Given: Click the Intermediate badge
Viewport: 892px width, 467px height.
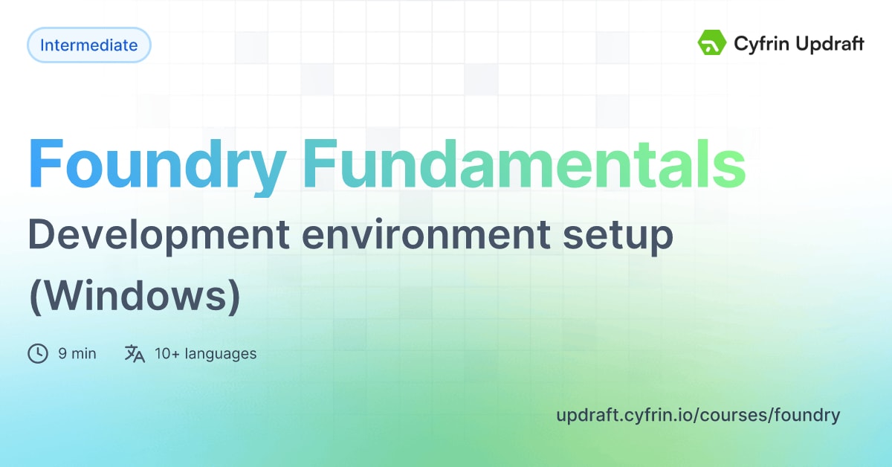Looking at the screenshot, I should point(88,45).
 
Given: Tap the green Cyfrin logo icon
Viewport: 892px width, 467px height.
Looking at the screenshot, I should point(711,43).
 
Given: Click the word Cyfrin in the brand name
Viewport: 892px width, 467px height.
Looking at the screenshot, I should point(758,44).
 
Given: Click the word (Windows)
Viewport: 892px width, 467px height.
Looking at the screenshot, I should point(135,295).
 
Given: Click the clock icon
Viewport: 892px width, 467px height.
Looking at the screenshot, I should point(37,353).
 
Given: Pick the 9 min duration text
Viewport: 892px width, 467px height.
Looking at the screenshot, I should point(77,354).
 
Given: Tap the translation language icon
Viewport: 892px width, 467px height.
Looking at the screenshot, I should point(135,353).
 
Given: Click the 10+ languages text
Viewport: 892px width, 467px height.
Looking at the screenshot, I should point(205,354).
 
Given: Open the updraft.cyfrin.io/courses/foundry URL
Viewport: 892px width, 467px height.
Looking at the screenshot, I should point(697,415).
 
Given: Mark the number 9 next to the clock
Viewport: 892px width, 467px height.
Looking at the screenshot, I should point(62,354).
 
